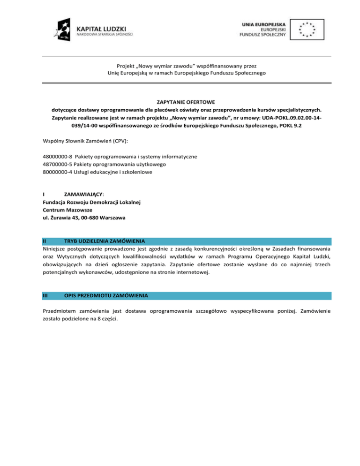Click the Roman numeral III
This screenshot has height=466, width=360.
pyautogui.click(x=45, y=296)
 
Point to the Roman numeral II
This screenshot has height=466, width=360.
pyautogui.click(x=44, y=241)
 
